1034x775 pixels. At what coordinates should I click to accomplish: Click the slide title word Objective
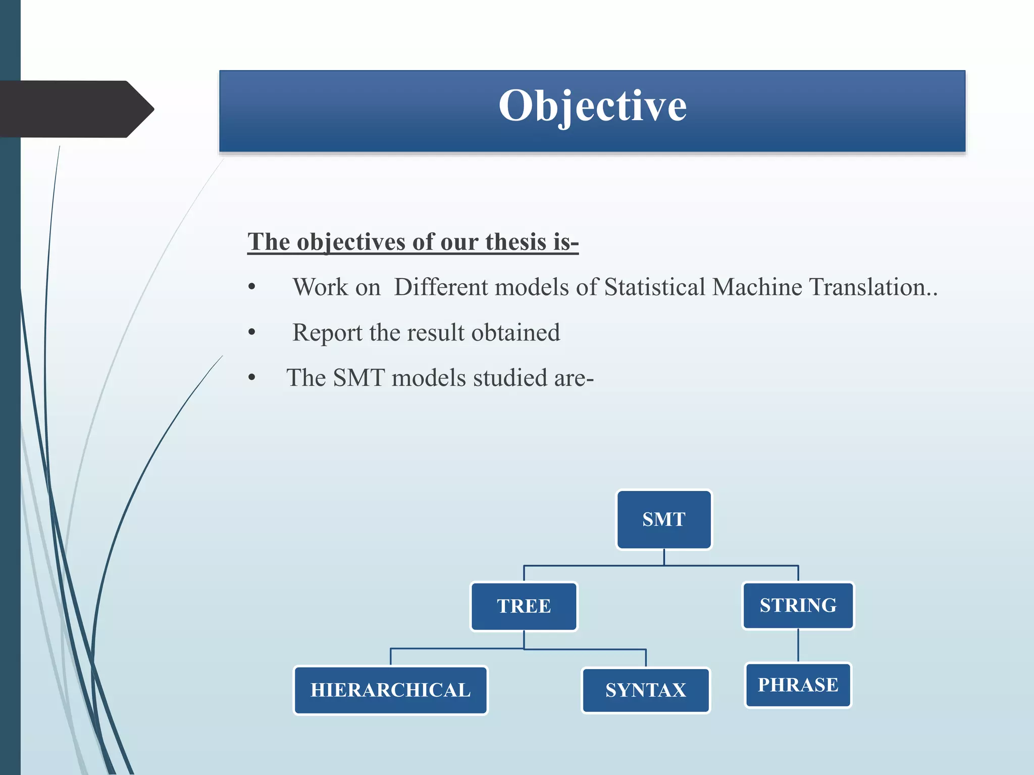click(x=592, y=106)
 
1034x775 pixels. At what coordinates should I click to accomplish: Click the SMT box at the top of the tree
click(x=663, y=519)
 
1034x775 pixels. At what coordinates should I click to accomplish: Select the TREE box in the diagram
click(x=524, y=606)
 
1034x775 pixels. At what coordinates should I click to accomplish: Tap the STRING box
click(x=798, y=605)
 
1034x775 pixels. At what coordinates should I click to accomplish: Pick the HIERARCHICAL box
click(x=390, y=690)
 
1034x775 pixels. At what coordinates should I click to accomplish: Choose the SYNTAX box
click(x=645, y=690)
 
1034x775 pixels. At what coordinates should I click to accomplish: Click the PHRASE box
click(x=798, y=685)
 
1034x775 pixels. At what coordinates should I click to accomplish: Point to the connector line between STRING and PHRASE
click(x=798, y=646)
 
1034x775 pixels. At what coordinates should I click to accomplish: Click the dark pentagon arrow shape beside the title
click(x=76, y=109)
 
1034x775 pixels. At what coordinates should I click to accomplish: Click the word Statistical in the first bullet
click(x=654, y=287)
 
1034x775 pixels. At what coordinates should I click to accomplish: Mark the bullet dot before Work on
click(x=252, y=288)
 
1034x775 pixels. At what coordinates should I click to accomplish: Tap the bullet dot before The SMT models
click(x=252, y=378)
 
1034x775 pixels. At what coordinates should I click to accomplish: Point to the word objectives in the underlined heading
click(x=351, y=242)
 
